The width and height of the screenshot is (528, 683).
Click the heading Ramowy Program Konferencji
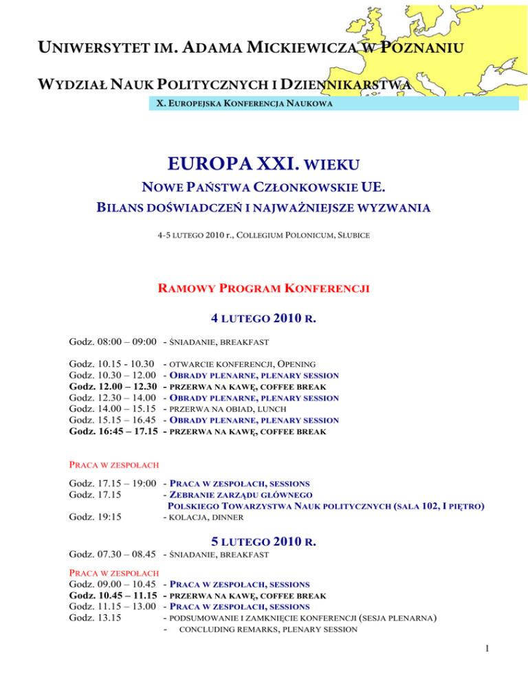(264, 289)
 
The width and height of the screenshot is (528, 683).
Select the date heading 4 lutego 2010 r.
(264, 319)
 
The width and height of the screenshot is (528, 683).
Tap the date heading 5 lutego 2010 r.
(264, 543)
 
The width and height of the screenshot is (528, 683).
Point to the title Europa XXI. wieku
(264, 165)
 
